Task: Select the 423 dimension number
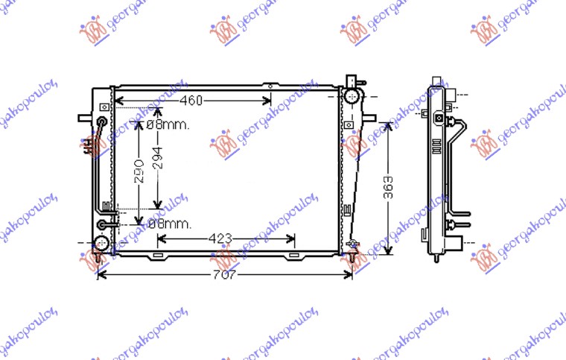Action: point(220,239)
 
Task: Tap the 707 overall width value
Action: point(225,275)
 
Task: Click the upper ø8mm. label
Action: point(168,125)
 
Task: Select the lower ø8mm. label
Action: point(170,223)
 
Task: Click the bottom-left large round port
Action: point(101,243)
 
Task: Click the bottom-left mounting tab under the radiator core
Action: point(157,256)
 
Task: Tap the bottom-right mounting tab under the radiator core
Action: point(295,256)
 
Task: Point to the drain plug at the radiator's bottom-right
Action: point(354,245)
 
